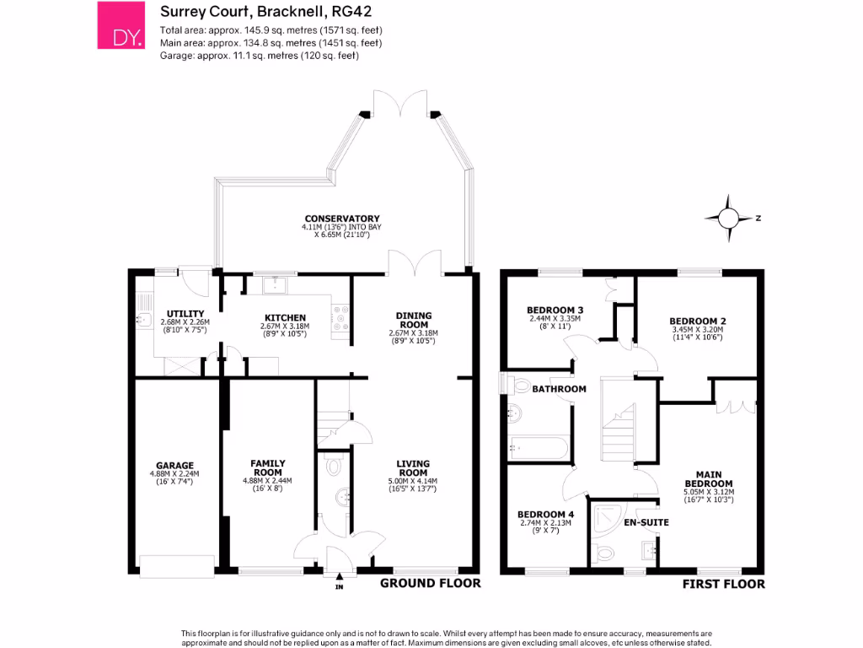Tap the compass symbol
pos(727,218)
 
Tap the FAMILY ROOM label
pos(267,467)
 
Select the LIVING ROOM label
pos(413,467)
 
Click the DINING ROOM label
pos(413,321)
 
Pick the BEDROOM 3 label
pos(555,310)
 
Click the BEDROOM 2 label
pos(697,321)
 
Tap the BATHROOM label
pos(559,389)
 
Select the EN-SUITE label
pos(646,522)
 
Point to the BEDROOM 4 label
pos(545,515)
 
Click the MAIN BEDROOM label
pos(708,478)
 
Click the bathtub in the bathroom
pos(539,447)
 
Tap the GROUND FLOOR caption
pos(430,583)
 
